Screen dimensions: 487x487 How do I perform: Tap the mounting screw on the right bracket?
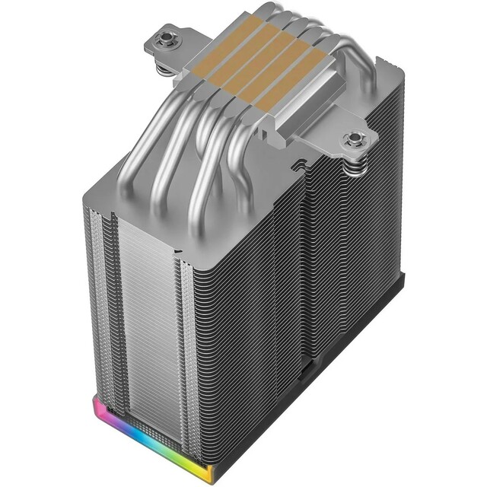[x=355, y=138]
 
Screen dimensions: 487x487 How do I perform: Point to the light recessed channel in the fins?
[x=107, y=304]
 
